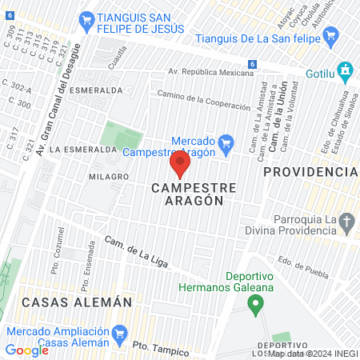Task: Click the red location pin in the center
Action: tap(179, 164)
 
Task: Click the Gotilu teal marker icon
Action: tap(345, 71)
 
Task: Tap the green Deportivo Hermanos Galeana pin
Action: tap(255, 304)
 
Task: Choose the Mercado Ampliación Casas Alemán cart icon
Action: tap(121, 332)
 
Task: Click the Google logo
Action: tap(27, 350)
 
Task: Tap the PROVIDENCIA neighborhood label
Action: tap(310, 172)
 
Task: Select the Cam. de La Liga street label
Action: tap(138, 253)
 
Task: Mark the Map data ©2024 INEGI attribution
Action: tap(312, 354)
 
